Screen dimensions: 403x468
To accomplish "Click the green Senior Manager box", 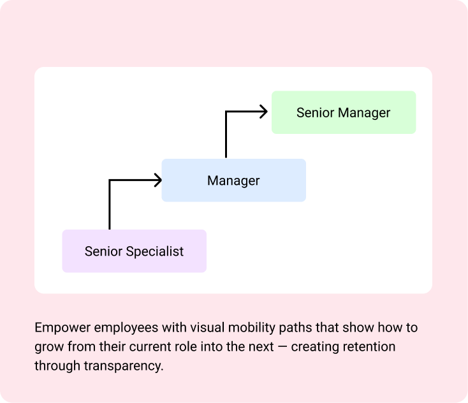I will (x=344, y=112).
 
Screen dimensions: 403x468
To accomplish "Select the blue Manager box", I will (x=233, y=180).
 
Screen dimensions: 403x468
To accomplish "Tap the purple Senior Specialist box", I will (x=134, y=251).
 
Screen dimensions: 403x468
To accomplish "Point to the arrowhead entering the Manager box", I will (x=158, y=180).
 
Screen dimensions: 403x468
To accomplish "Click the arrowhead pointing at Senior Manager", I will (x=263, y=112).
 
